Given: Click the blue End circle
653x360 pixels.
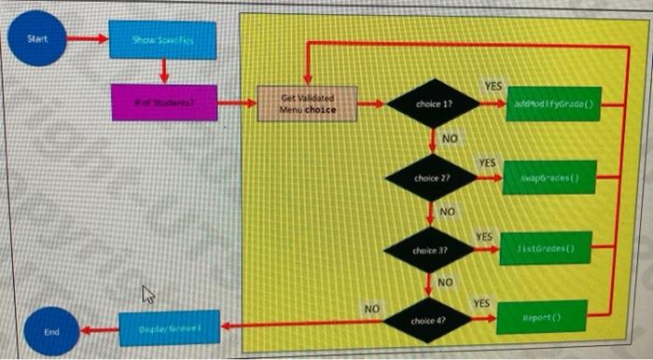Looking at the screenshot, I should [52, 330].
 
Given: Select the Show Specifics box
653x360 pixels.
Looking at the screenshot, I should [162, 40].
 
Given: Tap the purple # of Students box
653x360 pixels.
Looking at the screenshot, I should [163, 103].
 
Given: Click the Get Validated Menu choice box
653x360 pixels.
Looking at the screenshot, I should [301, 103].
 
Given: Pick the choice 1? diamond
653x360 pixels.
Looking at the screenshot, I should [434, 104].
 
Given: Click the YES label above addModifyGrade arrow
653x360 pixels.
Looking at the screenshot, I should [492, 87].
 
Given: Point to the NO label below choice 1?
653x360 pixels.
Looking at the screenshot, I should [449, 139].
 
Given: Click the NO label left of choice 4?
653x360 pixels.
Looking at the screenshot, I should [371, 307].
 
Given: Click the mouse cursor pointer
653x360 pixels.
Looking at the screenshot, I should [146, 296].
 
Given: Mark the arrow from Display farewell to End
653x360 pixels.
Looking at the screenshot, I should [100, 329].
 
